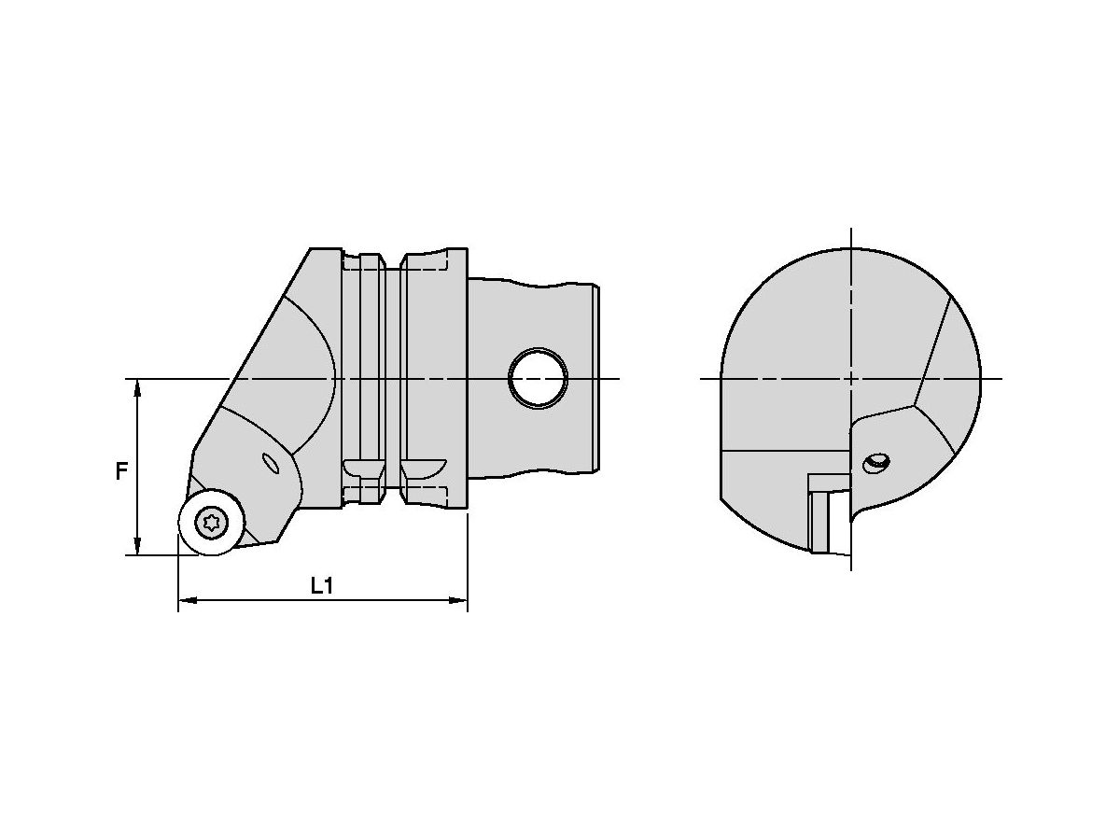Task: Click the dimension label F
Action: click(121, 471)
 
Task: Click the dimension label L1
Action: click(322, 586)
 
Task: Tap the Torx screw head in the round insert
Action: click(212, 523)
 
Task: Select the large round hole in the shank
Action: click(538, 378)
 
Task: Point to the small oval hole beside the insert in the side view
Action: click(272, 464)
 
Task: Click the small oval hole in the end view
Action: click(876, 462)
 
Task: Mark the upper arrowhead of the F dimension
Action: click(138, 387)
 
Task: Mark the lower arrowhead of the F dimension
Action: click(138, 547)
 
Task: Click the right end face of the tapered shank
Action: click(596, 378)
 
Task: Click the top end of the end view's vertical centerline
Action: click(851, 230)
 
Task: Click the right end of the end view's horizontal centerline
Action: click(1000, 378)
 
